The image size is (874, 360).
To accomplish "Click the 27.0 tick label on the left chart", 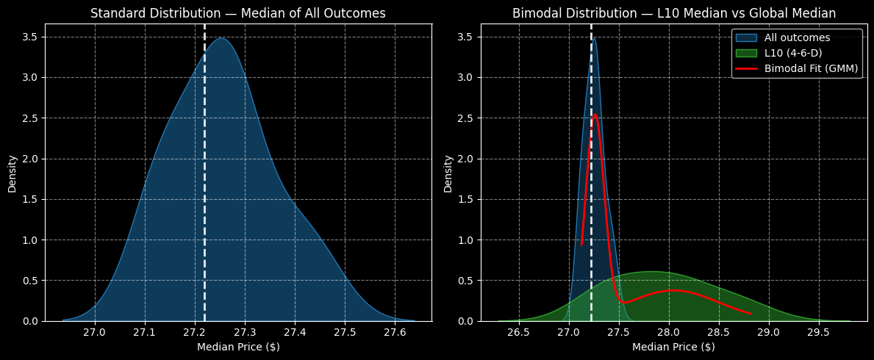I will [x=95, y=331].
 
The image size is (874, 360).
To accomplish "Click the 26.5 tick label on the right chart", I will [x=519, y=331].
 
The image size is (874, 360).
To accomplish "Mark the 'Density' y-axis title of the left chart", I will [x=12, y=173].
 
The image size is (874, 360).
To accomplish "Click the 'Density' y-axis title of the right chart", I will [x=448, y=173].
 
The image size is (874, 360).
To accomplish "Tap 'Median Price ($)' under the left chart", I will [x=238, y=347].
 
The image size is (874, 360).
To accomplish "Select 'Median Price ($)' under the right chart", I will [x=673, y=347].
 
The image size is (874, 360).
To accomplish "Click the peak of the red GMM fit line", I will [x=595, y=115].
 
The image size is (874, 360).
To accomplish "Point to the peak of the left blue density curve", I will [x=221, y=38].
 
